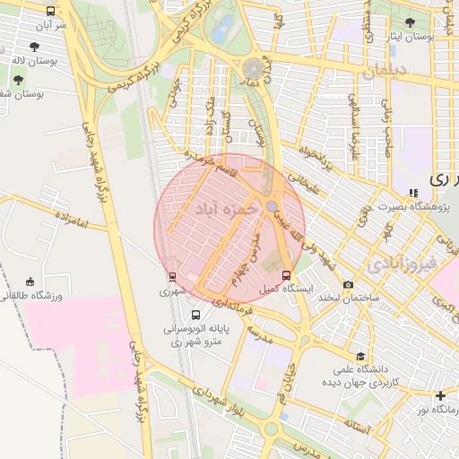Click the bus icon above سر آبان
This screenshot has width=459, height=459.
click(49, 12)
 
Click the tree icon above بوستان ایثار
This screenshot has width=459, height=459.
click(410, 22)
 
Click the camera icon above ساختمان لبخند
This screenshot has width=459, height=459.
click(348, 285)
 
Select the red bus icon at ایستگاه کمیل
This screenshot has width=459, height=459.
click(287, 274)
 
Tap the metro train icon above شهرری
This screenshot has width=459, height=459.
click(171, 276)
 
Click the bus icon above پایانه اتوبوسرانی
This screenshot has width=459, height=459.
click(196, 315)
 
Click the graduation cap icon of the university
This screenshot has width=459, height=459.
click(360, 355)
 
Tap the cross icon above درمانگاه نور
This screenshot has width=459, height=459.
click(440, 395)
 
